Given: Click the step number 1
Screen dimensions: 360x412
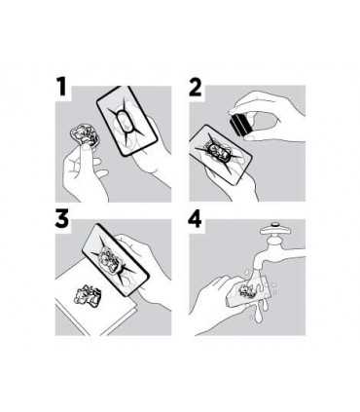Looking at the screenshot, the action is pos(62,87).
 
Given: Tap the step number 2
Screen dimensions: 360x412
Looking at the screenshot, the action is pos(196,87).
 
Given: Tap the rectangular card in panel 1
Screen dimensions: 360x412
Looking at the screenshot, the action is pos(127,121).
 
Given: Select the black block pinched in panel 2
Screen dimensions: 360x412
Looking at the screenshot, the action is pos(240,125).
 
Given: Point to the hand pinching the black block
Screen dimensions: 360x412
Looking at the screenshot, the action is pos(270,117).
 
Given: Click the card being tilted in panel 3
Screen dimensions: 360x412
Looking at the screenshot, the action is pos(115,260).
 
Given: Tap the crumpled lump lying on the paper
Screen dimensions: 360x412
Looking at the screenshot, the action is pos(88,294).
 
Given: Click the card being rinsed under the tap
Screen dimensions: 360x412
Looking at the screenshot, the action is pos(248,290).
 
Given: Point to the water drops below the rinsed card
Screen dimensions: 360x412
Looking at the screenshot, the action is pos(261,312).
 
